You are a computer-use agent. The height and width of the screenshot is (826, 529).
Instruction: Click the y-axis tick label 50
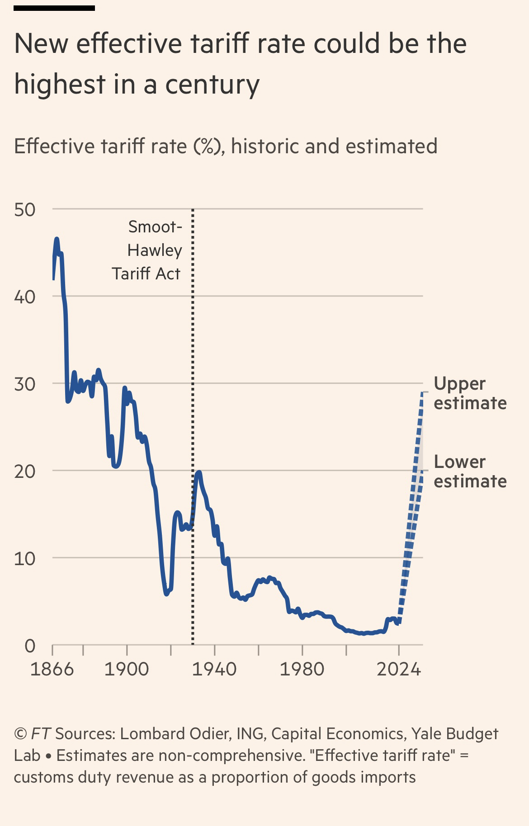click(x=24, y=210)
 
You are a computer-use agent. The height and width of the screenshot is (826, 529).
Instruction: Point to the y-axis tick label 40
click(x=24, y=297)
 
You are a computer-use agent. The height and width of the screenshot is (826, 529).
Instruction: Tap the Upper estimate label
click(x=469, y=393)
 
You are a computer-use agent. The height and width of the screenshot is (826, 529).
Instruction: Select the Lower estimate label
click(x=469, y=472)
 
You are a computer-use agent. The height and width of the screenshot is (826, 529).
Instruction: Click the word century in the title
click(x=212, y=85)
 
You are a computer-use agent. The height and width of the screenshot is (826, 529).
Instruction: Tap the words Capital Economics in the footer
click(x=337, y=734)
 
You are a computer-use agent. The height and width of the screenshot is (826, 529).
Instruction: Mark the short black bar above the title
click(x=54, y=8)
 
